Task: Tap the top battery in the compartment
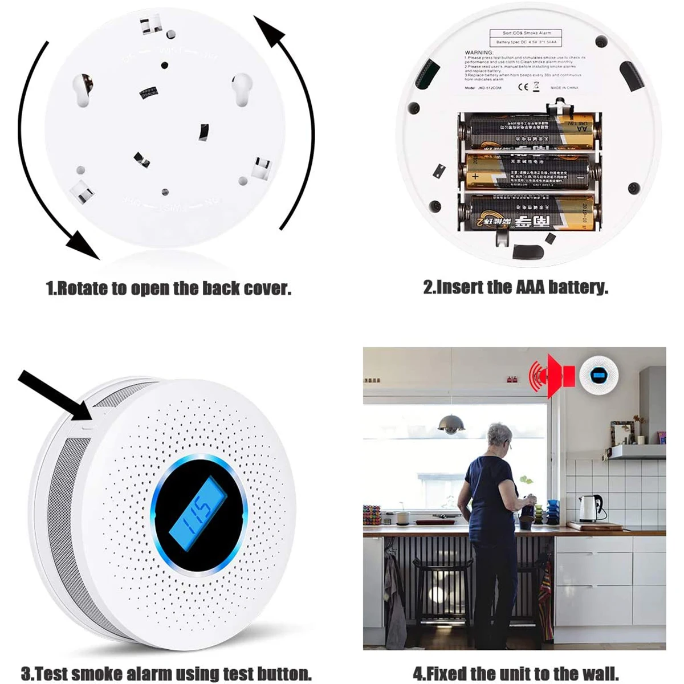click(x=530, y=131)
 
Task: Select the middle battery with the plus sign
click(x=530, y=173)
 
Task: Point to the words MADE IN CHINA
click(x=564, y=88)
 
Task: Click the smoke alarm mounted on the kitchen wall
click(x=597, y=374)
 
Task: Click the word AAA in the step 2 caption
click(x=532, y=287)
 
